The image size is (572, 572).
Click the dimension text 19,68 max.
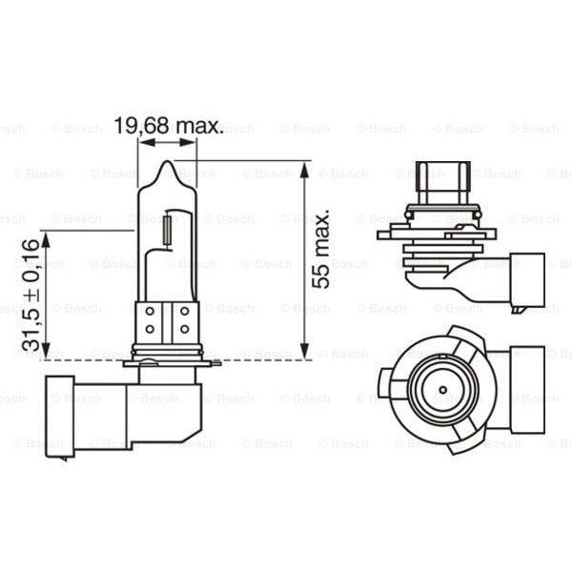pyautogui.click(x=168, y=126)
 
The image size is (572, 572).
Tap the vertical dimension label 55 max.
pyautogui.click(x=322, y=250)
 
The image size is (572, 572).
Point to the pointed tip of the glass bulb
pyautogui.click(x=167, y=165)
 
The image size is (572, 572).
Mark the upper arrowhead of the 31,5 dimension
pyautogui.click(x=45, y=237)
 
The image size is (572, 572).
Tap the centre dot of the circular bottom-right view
pyautogui.click(x=442, y=391)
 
